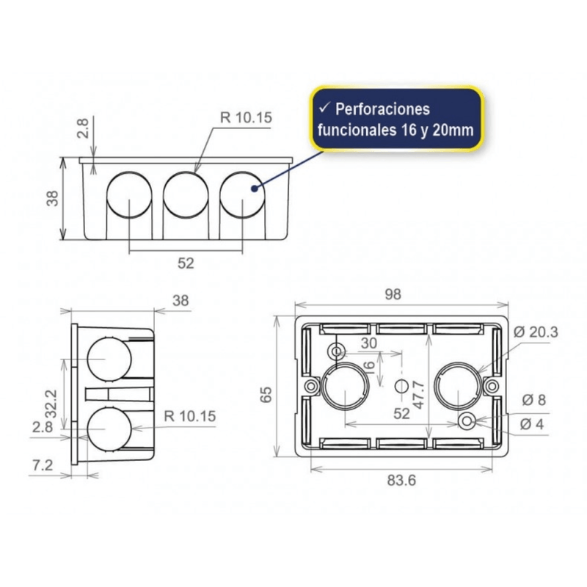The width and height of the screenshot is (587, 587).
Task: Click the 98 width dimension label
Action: [x=393, y=294]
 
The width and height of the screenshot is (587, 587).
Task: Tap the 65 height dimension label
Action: [x=266, y=395]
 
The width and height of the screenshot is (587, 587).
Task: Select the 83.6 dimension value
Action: [x=401, y=480]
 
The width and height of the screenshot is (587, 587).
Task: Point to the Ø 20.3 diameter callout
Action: [x=536, y=332]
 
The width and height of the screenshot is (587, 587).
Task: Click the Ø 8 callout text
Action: [x=534, y=400]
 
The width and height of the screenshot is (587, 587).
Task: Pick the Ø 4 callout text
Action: [x=532, y=424]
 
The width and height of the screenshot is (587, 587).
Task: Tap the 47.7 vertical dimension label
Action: [x=418, y=395]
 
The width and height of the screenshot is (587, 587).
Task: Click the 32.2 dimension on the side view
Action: [x=51, y=404]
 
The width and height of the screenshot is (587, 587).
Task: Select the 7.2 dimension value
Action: [x=43, y=465]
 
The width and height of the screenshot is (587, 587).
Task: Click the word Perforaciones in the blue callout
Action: [x=382, y=109]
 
